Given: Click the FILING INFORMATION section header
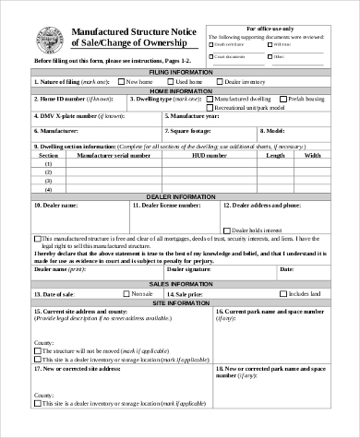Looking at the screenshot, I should pyautogui.click(x=179, y=71).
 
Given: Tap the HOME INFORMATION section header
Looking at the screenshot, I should pyautogui.click(x=179, y=90).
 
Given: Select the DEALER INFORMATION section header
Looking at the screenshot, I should pyautogui.click(x=179, y=195).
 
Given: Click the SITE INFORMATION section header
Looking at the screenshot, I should pyautogui.click(x=179, y=302).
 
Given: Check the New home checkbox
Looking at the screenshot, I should pyautogui.click(x=123, y=81).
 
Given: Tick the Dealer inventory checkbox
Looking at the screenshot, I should pyautogui.click(x=220, y=81).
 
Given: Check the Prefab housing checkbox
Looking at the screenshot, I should pyautogui.click(x=282, y=98).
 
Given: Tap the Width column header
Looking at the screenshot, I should pyautogui.click(x=312, y=156).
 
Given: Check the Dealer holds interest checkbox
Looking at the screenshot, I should pyautogui.click(x=230, y=229).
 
